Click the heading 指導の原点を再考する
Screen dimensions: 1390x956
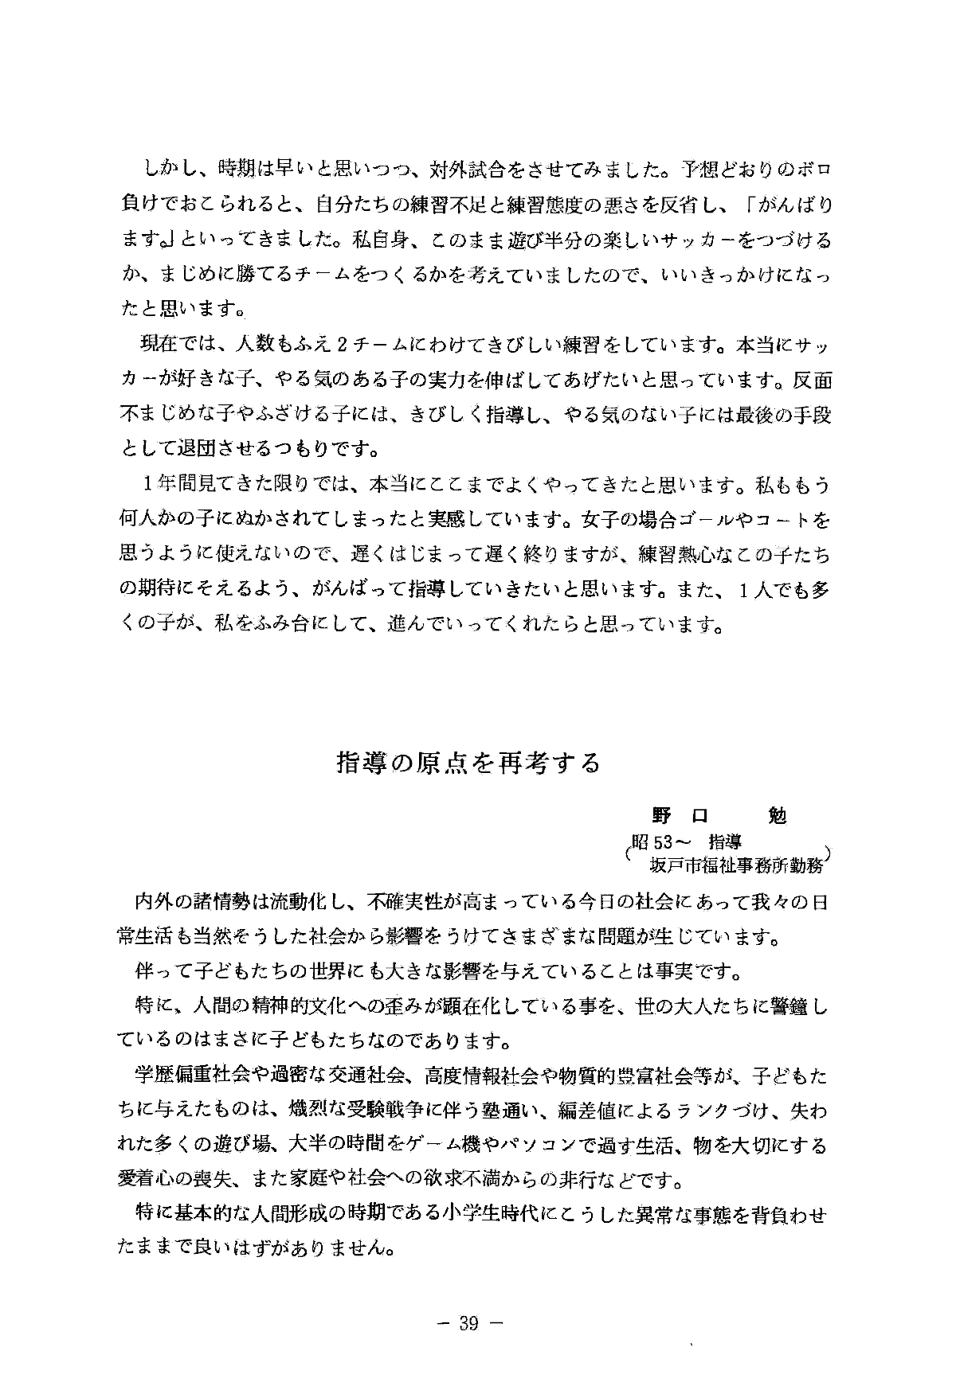click(x=468, y=763)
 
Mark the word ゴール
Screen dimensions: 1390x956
click(x=705, y=521)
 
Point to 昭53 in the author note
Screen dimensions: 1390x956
click(x=653, y=842)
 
